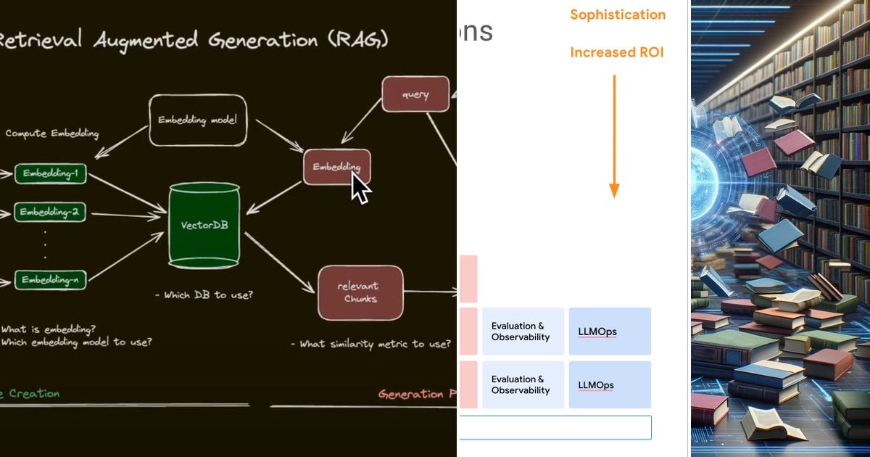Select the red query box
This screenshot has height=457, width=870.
tap(415, 94)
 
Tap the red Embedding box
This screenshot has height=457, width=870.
tap(336, 167)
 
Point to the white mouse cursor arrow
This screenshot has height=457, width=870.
tap(360, 188)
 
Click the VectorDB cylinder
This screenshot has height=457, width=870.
tap(204, 224)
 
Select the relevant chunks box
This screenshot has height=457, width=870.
tap(360, 292)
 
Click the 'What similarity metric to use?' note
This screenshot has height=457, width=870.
tap(370, 344)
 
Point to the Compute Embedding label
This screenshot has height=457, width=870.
tap(51, 133)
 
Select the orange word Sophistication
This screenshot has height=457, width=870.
tap(617, 15)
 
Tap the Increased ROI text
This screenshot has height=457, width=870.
tap(616, 52)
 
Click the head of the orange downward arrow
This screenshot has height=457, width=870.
tap(614, 191)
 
